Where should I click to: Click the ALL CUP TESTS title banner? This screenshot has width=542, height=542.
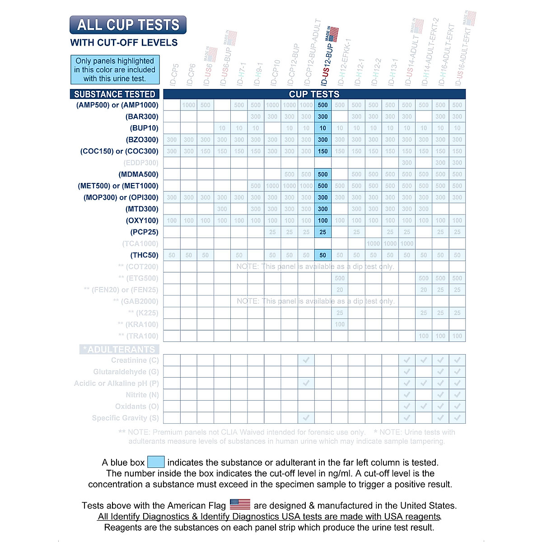(128, 25)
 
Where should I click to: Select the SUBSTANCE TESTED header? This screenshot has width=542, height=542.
(115, 94)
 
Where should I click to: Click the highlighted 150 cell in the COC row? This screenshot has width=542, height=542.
(322, 151)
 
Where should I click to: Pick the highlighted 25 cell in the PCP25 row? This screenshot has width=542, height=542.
(322, 232)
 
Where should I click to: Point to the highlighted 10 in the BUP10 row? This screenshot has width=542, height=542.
(322, 128)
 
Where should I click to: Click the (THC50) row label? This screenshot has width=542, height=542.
(145, 255)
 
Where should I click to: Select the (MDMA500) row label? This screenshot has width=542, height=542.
(138, 174)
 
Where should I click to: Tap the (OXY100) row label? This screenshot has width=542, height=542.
(142, 220)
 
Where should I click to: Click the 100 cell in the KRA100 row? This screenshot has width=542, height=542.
(340, 324)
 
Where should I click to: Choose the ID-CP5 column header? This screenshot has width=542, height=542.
(174, 75)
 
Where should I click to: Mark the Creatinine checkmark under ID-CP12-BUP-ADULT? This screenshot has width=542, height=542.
(306, 360)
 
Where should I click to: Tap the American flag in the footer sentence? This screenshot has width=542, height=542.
(240, 504)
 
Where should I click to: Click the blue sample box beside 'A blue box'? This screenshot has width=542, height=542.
(156, 462)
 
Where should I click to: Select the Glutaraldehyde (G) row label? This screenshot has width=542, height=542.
(126, 372)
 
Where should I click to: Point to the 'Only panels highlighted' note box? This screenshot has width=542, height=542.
(115, 70)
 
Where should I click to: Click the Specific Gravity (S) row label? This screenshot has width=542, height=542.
(125, 418)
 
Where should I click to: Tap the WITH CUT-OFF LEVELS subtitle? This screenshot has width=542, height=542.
(124, 43)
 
